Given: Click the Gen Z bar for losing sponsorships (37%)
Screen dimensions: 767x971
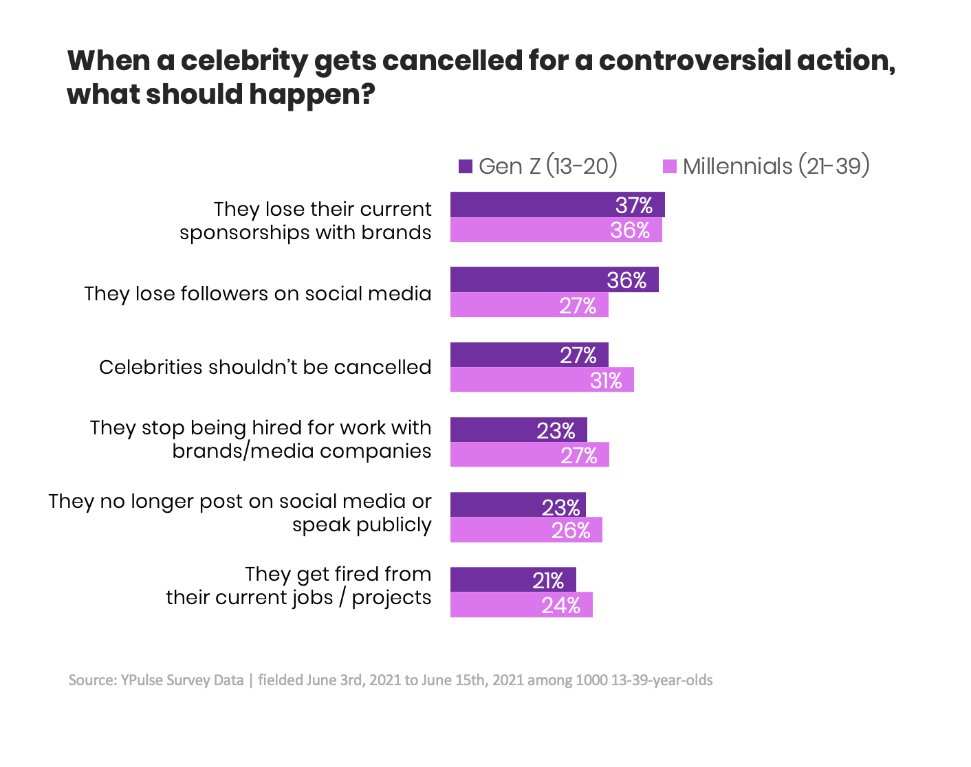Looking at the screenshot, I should (557, 205).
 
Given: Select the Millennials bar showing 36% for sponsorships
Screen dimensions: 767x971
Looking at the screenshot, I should (556, 230).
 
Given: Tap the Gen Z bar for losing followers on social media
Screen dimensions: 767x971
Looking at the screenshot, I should (554, 280).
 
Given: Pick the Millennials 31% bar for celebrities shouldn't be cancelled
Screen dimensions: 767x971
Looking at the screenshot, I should (542, 380).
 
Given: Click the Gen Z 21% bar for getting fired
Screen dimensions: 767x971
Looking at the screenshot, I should (513, 580).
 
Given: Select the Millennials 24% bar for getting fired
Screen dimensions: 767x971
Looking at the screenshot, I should (521, 605).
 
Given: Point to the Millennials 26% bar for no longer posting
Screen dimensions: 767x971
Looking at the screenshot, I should (526, 530).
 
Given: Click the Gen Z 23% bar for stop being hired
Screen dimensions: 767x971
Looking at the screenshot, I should (519, 430).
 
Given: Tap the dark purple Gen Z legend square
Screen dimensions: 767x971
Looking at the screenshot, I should (466, 166).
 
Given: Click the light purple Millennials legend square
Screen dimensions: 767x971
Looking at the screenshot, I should (669, 166).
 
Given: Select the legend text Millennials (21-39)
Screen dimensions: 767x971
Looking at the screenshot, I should (776, 166).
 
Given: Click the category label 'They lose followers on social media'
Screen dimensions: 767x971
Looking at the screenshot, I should (258, 293).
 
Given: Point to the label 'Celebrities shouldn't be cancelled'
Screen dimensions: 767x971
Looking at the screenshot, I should (265, 367).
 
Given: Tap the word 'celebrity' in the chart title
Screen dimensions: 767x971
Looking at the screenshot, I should (244, 60).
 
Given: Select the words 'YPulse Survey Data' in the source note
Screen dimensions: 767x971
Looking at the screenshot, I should (182, 680).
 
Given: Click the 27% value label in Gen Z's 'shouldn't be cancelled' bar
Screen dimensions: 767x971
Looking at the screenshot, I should (578, 355).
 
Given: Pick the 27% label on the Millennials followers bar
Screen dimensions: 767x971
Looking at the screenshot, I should (577, 306).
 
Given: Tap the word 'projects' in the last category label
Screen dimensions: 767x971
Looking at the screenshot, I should (391, 598).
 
